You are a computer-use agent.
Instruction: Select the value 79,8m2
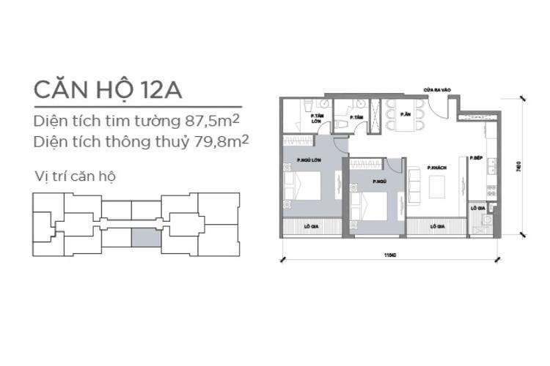[217, 139]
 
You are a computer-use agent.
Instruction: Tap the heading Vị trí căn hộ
[76, 176]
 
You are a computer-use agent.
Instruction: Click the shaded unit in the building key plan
[145, 236]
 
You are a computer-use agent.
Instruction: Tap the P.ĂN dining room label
[405, 114]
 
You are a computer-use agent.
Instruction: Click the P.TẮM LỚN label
[317, 119]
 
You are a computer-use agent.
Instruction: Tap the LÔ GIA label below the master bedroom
[312, 226]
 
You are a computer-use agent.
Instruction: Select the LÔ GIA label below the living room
[438, 226]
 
